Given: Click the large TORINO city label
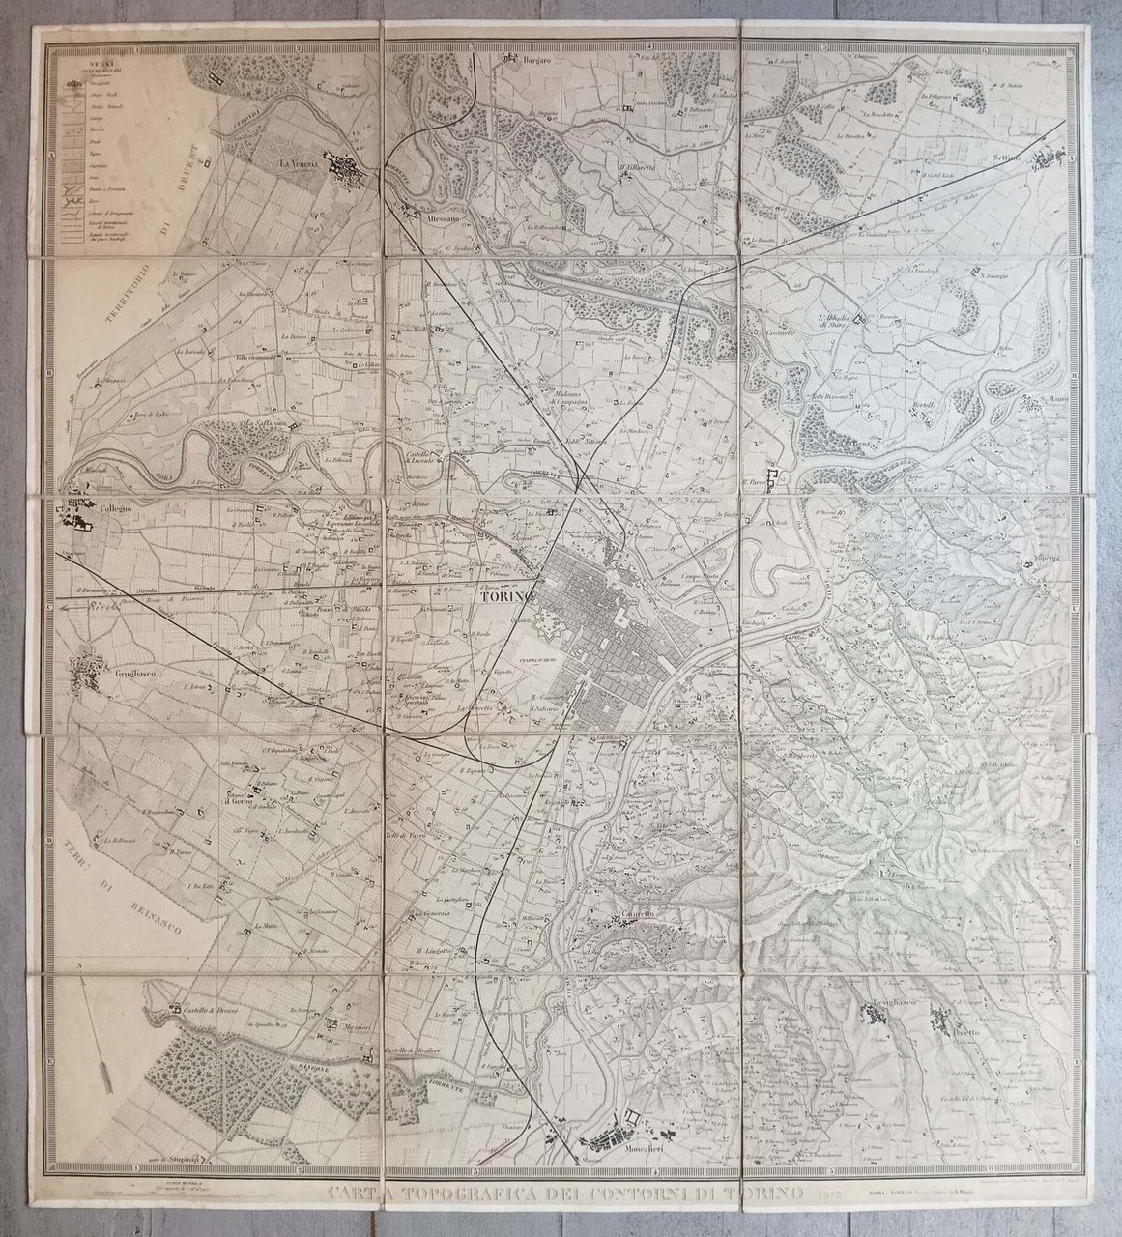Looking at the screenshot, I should point(507,596).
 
